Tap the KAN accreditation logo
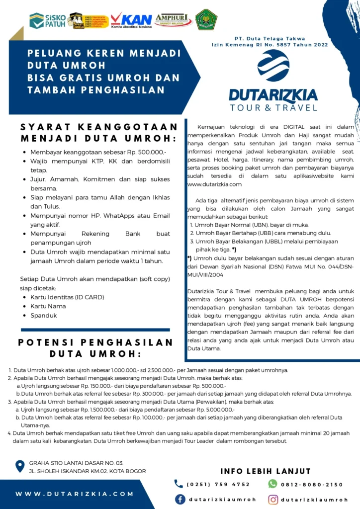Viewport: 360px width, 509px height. click(131, 20)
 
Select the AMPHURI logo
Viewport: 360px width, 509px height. click(174, 20)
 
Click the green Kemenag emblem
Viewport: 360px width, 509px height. click(206, 20)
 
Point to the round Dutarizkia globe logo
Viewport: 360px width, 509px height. click(273, 65)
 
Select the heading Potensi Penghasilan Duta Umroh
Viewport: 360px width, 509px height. click(95, 348)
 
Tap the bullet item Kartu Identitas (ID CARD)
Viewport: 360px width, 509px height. click(67, 297)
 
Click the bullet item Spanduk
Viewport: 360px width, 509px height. click(44, 315)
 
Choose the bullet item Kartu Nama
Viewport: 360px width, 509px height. click(48, 306)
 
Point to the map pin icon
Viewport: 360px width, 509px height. click(20, 466)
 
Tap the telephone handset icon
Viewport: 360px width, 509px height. click(179, 484)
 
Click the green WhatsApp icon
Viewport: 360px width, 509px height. click(272, 484)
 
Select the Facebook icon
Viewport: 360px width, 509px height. click(180, 500)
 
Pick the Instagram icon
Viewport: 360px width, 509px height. click(273, 500)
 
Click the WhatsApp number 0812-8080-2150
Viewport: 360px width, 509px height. click(312, 484)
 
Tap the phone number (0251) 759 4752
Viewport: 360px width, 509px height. click(218, 484)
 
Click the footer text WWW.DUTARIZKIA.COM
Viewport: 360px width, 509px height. click(75, 494)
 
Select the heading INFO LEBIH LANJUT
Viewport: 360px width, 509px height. click(266, 471)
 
